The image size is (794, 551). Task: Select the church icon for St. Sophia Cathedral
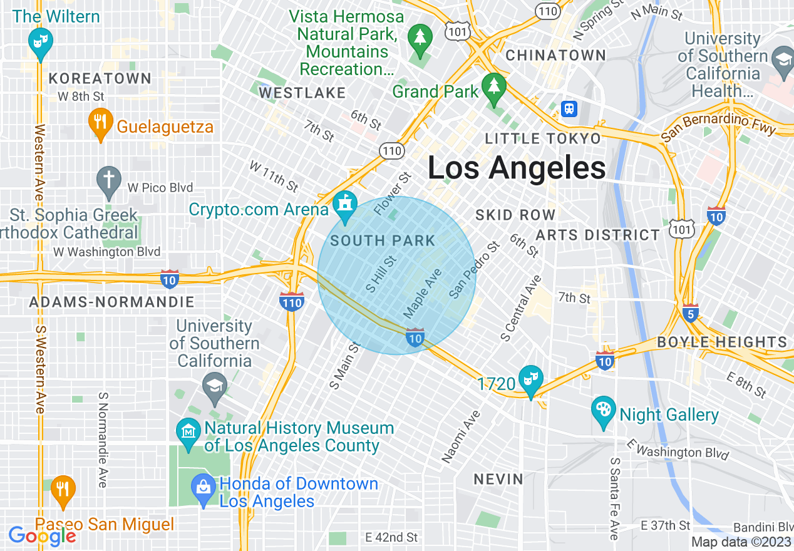109,180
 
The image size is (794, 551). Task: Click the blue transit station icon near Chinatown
569,108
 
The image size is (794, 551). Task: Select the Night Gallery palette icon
604,411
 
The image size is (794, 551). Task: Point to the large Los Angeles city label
517,168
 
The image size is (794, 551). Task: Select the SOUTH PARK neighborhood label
383,240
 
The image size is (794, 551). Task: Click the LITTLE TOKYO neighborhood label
543,138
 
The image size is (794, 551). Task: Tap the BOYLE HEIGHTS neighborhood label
722,342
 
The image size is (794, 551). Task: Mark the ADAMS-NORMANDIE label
112,302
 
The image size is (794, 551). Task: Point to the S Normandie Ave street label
103,440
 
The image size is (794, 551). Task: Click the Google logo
43,536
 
